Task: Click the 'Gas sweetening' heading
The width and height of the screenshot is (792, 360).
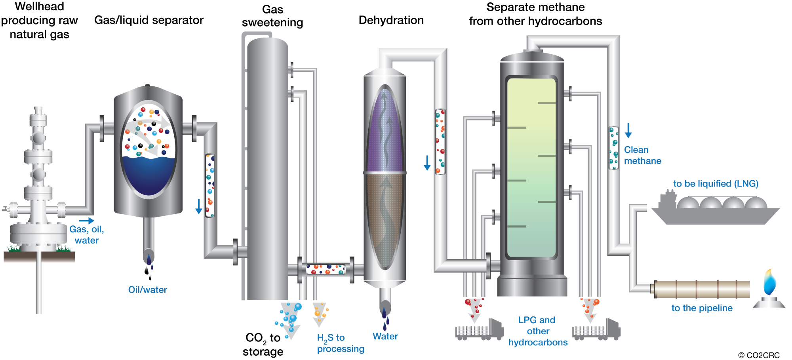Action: pyautogui.click(x=272, y=16)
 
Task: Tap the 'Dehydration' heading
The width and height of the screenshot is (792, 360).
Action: pyautogui.click(x=391, y=20)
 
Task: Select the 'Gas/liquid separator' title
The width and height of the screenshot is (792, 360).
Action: pyautogui.click(x=149, y=20)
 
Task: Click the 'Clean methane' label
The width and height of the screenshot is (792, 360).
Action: pyautogui.click(x=642, y=155)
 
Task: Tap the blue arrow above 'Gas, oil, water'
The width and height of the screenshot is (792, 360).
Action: pyautogui.click(x=86, y=221)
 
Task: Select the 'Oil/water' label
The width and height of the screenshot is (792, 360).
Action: pyautogui.click(x=147, y=290)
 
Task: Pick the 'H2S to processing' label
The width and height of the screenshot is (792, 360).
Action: pyautogui.click(x=340, y=343)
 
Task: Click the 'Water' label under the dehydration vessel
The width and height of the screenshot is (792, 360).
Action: pyautogui.click(x=385, y=336)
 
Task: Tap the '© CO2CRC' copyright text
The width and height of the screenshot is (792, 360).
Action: pyautogui.click(x=759, y=355)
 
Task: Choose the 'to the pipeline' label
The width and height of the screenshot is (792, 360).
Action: pyautogui.click(x=702, y=308)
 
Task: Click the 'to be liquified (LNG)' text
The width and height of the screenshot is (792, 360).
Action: pyautogui.click(x=716, y=184)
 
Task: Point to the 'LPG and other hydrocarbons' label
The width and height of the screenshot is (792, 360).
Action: pyautogui.click(x=538, y=331)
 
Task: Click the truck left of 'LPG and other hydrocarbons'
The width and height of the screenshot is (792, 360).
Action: pyautogui.click(x=479, y=330)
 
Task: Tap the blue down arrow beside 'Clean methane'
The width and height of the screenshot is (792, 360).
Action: pyautogui.click(x=628, y=130)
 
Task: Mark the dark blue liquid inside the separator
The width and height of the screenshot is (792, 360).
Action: pyautogui.click(x=148, y=174)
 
